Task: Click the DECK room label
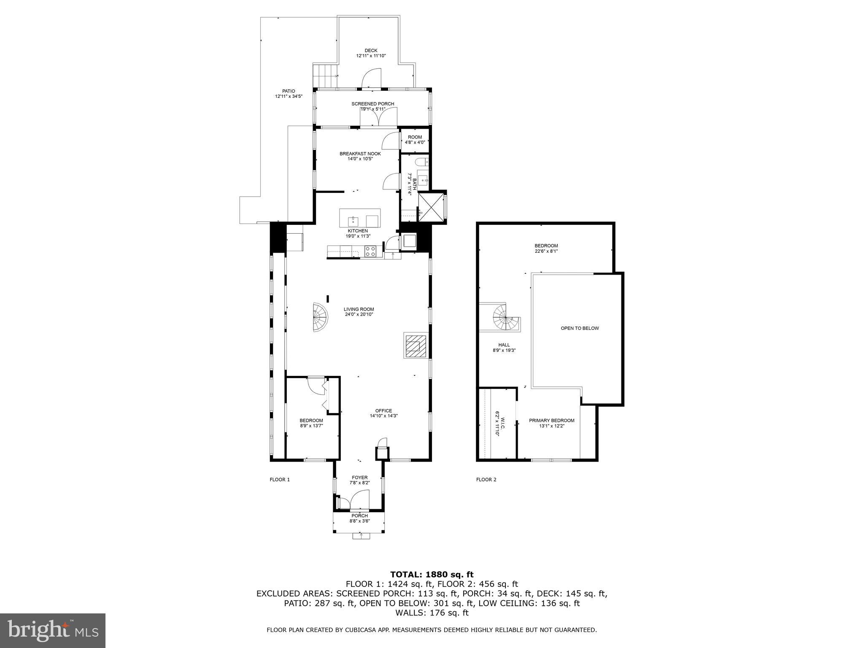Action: (x=371, y=51)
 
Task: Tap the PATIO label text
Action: (x=289, y=91)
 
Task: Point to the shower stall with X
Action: (x=431, y=207)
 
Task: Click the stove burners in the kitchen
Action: (x=370, y=251)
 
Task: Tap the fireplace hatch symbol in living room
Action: (x=416, y=346)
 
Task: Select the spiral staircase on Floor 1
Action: (x=320, y=317)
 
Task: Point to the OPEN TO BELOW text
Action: (x=579, y=328)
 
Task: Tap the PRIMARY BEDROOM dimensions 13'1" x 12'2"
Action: (x=551, y=426)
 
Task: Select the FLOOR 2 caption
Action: (x=486, y=479)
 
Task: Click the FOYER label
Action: (x=359, y=478)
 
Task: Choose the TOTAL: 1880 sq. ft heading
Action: (x=432, y=574)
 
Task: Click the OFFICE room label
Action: (x=383, y=410)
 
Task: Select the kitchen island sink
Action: (x=353, y=221)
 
